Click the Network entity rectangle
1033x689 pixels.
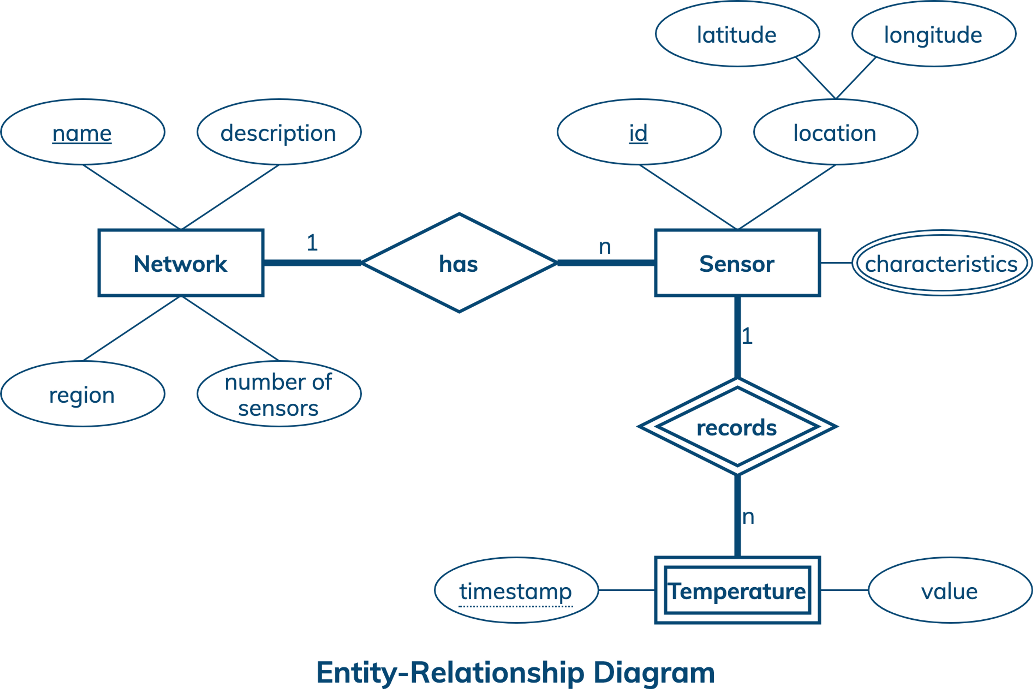pos(181,263)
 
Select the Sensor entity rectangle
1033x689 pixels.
pos(737,263)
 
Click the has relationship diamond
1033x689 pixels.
pos(459,263)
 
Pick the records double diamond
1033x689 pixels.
pos(737,427)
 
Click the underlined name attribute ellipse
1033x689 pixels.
pos(83,132)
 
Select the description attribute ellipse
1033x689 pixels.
pos(279,132)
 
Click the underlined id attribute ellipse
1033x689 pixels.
pos(639,132)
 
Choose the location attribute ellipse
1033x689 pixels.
pos(835,132)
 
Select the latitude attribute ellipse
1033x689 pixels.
pos(737,34)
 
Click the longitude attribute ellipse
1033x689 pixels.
pos(934,34)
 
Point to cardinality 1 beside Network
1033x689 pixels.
pos(312,243)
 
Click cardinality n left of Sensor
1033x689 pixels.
pos(605,247)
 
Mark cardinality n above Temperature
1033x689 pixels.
pos(748,517)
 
